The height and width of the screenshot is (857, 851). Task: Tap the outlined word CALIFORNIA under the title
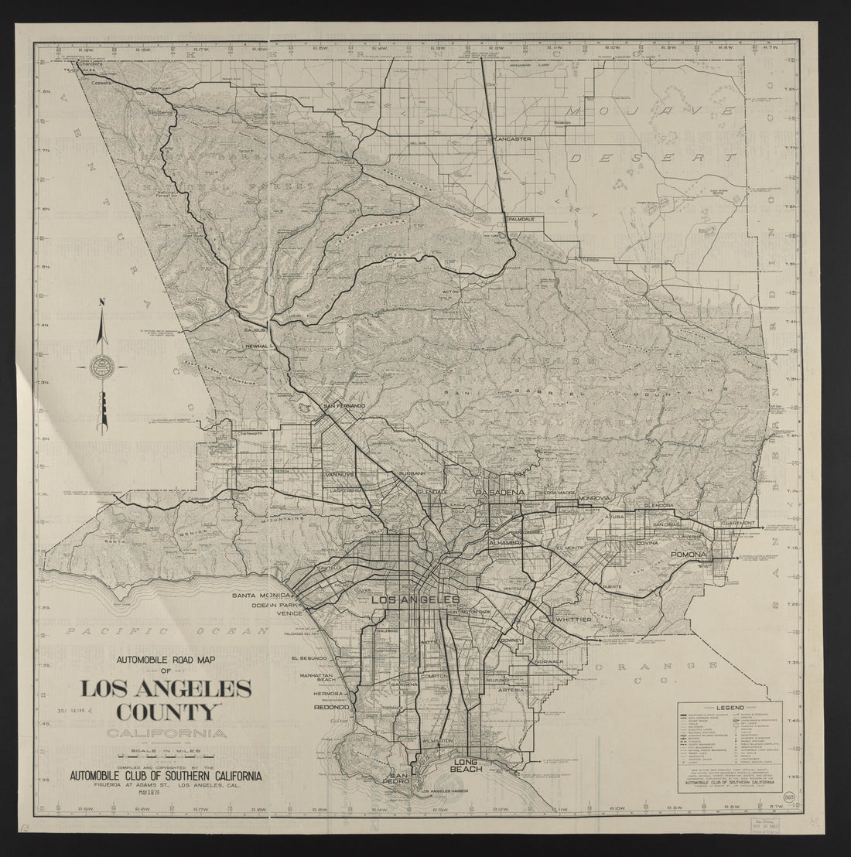click(x=168, y=733)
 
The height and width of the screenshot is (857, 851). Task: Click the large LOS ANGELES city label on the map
click(x=415, y=600)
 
